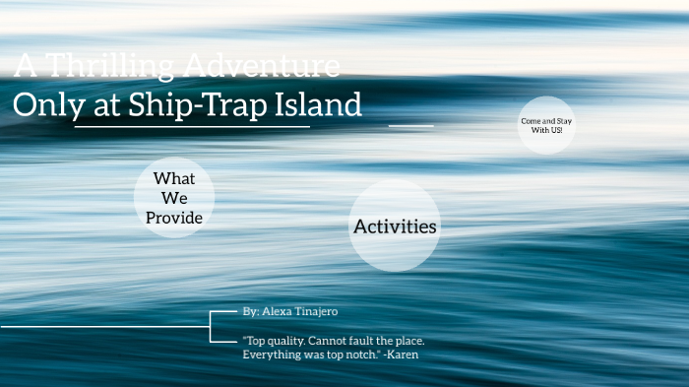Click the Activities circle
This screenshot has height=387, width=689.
[x=394, y=226]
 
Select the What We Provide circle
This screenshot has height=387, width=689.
[x=174, y=198]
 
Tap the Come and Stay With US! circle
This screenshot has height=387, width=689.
[x=546, y=125]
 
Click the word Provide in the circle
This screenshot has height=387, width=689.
[x=174, y=218]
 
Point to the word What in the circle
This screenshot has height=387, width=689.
[x=174, y=178]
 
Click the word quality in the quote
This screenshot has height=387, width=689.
[x=293, y=340]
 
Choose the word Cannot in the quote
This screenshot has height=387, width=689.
[x=344, y=340]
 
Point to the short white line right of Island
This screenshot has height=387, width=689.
[x=410, y=126]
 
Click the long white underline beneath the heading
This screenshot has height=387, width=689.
[x=192, y=127]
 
